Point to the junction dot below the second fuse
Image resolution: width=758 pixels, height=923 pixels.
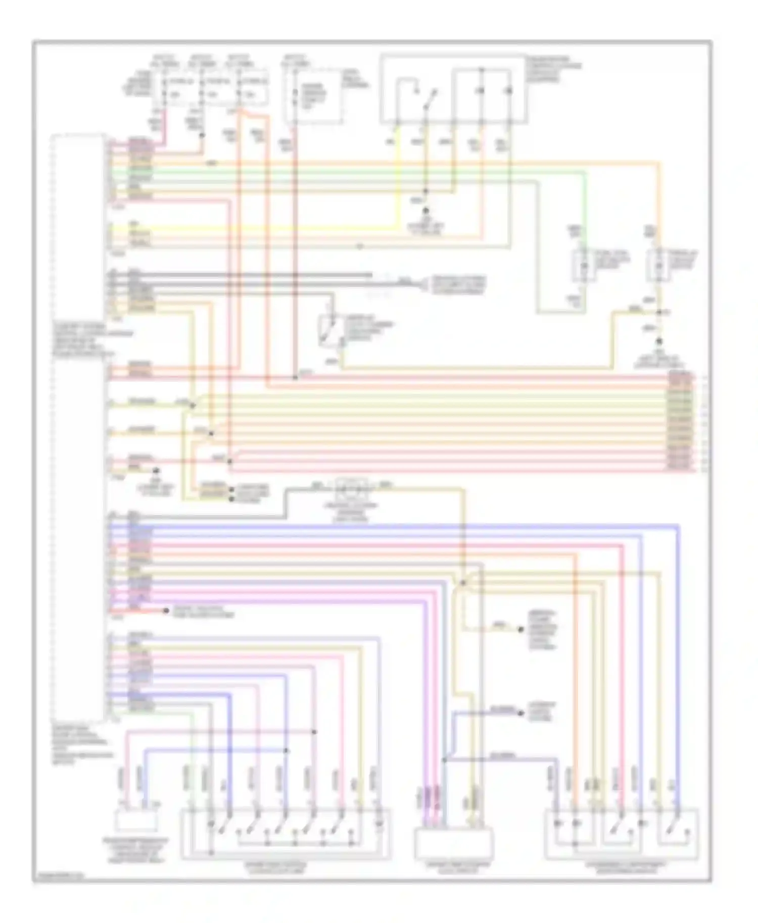coord(202,135)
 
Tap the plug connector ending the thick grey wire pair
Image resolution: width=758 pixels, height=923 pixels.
coord(421,285)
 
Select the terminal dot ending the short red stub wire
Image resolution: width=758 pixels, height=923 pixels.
coord(166,611)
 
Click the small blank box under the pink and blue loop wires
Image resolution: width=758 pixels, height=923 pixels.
coord(135,820)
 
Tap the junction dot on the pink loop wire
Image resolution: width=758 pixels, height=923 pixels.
coord(314,732)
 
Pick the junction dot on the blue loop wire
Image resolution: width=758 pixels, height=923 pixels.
coord(286,750)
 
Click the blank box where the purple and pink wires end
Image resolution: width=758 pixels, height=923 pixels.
coord(453,843)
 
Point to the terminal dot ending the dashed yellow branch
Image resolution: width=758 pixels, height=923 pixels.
coord(520,630)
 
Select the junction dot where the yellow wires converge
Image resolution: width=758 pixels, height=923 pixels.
coord(463,583)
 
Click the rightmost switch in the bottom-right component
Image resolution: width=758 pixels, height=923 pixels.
coord(677,825)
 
